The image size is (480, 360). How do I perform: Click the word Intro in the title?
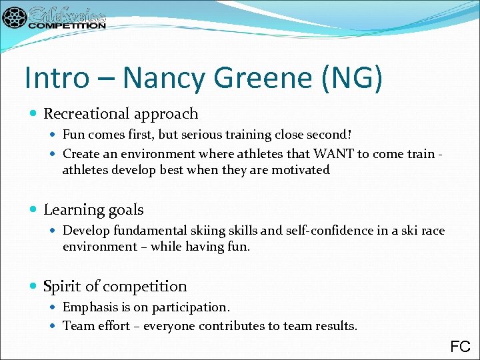point(55,77)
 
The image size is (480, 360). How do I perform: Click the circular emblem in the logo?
point(14,18)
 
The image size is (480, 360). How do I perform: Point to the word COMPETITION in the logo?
point(67,25)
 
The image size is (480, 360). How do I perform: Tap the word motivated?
point(298,170)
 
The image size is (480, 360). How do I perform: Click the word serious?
point(219,135)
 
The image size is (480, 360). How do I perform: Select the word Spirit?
point(62,287)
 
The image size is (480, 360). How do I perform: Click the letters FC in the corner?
point(460,347)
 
